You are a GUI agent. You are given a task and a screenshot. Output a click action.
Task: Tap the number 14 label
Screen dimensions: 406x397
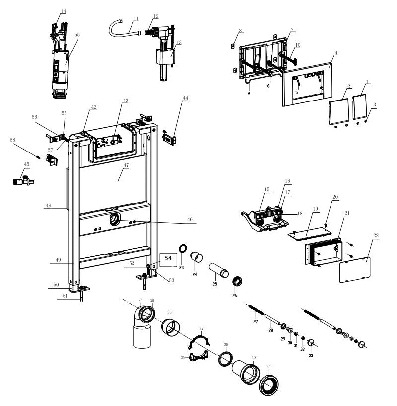point(63,11)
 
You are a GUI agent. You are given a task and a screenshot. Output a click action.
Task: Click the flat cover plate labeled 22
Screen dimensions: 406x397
point(355,268)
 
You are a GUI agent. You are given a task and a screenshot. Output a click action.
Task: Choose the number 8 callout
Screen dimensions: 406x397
point(240,31)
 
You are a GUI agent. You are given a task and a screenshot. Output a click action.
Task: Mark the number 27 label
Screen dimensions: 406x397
point(256,322)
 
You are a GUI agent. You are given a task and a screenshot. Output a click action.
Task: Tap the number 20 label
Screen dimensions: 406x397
point(335,197)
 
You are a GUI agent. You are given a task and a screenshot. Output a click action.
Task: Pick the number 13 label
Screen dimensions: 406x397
point(178,43)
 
